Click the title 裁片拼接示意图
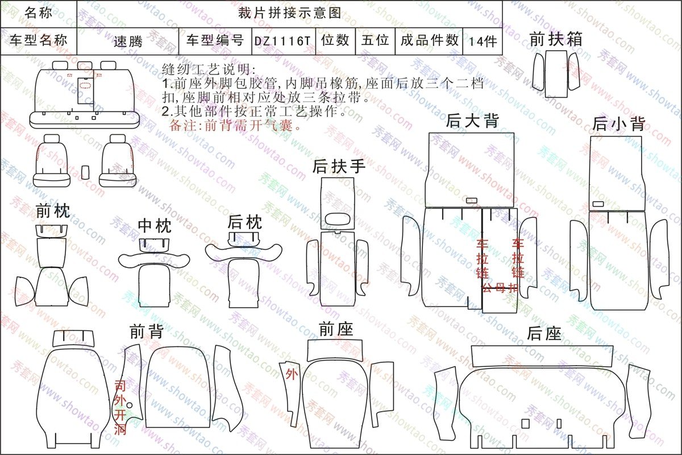(x=289, y=14)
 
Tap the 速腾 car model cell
(x=128, y=41)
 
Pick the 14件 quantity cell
(x=483, y=41)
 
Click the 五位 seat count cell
(x=375, y=41)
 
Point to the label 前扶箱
(x=556, y=39)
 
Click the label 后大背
(x=472, y=121)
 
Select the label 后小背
(x=619, y=124)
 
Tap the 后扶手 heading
(x=339, y=167)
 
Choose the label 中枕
(x=155, y=226)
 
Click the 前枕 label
(x=53, y=211)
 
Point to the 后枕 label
(x=245, y=222)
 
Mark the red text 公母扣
(x=500, y=288)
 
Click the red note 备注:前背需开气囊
(x=235, y=125)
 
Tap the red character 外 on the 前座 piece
(x=292, y=374)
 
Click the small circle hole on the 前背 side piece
(x=130, y=406)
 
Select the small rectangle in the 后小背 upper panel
(x=598, y=204)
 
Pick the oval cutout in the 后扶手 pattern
(x=338, y=218)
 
